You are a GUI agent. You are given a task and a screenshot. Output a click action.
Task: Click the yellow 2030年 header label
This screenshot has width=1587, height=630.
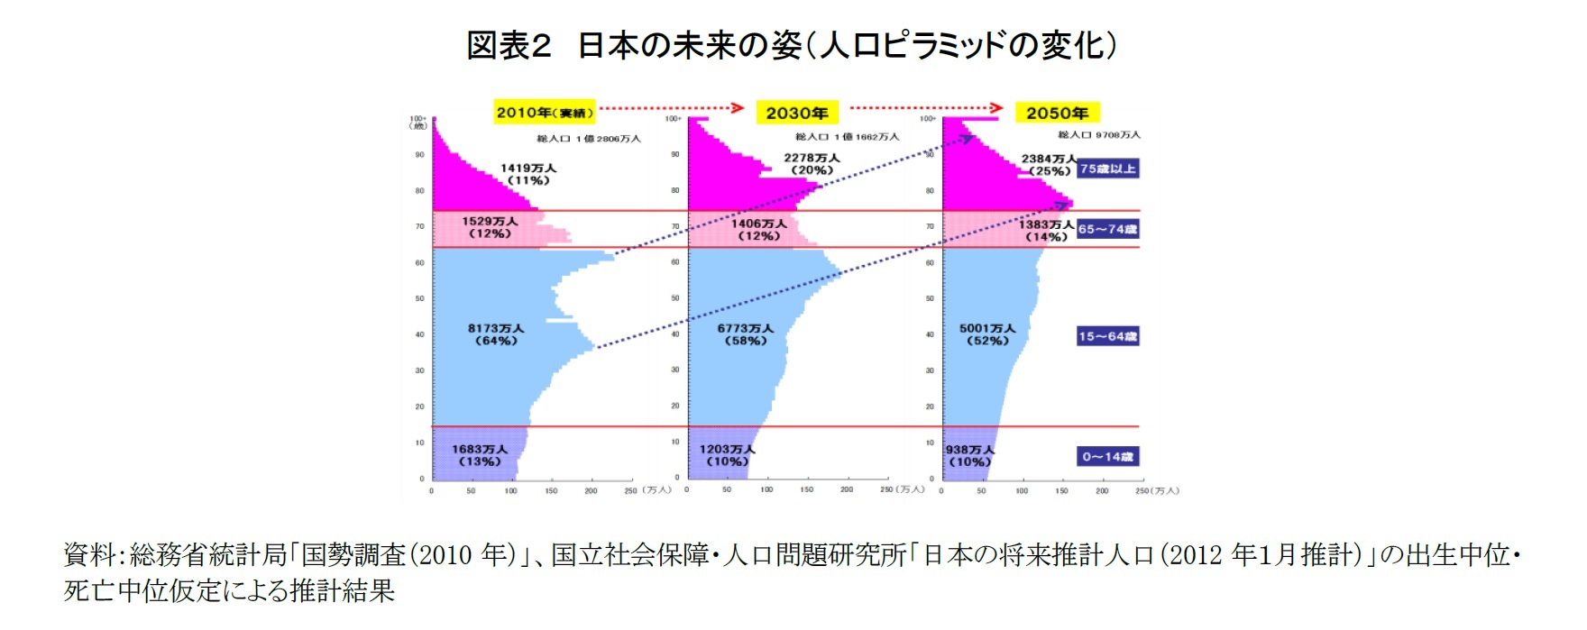[797, 113]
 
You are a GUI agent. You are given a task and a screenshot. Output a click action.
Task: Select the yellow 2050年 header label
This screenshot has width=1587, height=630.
[1057, 113]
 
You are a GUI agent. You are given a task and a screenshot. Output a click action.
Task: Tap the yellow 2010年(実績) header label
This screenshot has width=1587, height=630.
[544, 113]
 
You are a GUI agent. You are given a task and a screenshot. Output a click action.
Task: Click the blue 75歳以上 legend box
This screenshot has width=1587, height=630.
[1107, 169]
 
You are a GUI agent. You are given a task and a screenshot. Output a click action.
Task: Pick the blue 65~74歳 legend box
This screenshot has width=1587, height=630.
[1107, 229]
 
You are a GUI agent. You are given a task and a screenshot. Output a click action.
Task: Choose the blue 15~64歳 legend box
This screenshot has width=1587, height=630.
[1107, 336]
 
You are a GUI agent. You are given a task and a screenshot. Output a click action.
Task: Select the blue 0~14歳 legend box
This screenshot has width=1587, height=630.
[1107, 457]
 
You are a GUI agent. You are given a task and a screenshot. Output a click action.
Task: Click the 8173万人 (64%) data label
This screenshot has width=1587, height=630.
[495, 334]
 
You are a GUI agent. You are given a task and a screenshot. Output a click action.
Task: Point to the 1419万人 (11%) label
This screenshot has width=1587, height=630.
[528, 174]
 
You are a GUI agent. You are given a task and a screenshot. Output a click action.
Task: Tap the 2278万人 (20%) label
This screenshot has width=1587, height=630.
[812, 163]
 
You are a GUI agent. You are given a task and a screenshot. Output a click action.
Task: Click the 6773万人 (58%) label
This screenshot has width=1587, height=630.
[746, 334]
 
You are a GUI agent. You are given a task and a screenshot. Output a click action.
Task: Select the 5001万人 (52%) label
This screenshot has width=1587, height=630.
[987, 334]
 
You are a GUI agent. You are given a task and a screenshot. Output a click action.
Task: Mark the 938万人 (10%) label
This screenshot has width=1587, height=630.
[969, 455]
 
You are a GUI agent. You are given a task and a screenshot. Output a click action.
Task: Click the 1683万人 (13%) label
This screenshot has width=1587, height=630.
[480, 455]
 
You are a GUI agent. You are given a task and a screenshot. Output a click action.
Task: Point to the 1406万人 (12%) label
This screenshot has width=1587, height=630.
[758, 229]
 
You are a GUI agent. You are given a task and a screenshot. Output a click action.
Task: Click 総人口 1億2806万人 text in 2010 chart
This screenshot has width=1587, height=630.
[588, 139]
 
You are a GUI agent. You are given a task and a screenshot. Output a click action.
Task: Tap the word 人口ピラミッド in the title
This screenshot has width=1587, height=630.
[911, 45]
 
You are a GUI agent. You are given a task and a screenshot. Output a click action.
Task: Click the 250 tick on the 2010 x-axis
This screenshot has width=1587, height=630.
[629, 491]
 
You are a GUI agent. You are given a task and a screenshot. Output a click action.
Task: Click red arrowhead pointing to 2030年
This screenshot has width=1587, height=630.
[738, 108]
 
